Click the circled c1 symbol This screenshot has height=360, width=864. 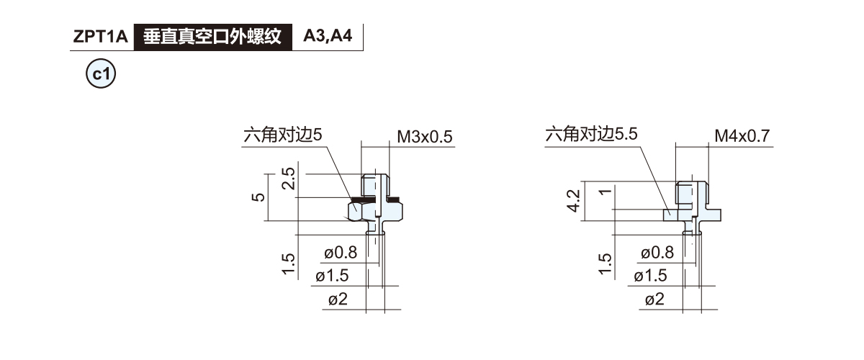click(101, 73)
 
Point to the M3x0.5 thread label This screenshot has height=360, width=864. click(425, 137)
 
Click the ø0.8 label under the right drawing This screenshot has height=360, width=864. click(657, 253)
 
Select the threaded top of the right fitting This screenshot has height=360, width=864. click(693, 192)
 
